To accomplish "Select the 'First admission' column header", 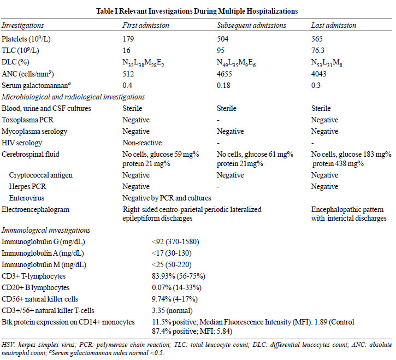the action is pos(146,25).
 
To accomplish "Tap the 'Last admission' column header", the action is pos(334,25).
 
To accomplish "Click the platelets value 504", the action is pos(222,39).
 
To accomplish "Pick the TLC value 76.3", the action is pos(318,50).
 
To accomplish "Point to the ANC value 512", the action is pos(128,74).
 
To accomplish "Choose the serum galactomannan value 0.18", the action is pos(223,85).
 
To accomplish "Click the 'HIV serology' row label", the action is pos(22,143).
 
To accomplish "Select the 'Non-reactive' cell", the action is pos(142,143).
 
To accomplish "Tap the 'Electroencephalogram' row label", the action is pos(36,209).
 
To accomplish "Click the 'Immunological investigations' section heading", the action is pos(46,230).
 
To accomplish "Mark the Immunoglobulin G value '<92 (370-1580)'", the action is pos(175,242).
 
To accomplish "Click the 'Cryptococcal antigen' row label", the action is pos(40,175).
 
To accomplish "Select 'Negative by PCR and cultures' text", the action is pos(167,198).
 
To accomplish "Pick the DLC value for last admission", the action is pos(327,63).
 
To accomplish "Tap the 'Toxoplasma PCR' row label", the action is pos(27,120).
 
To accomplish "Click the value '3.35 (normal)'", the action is pos(172,310).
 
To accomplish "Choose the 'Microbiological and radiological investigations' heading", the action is pos(73,97).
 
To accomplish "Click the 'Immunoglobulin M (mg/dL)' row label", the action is pos(44,265).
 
